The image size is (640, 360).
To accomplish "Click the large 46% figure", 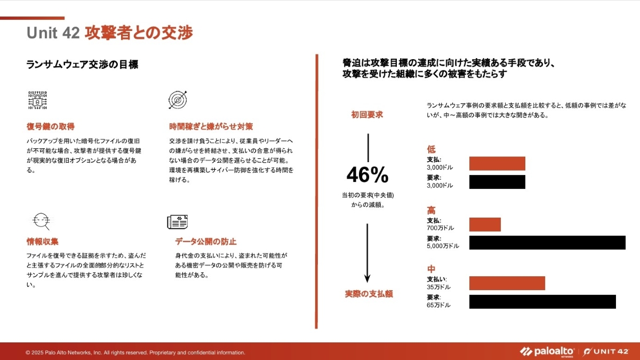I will click(367, 175).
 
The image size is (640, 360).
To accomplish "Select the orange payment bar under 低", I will click(497, 163).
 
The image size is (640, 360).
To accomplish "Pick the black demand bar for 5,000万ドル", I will click(547, 243).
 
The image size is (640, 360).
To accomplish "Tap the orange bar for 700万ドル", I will click(485, 225).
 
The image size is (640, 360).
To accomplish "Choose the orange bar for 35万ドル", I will click(507, 283).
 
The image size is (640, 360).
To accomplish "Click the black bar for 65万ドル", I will click(542, 301).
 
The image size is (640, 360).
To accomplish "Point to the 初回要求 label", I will click(366, 115).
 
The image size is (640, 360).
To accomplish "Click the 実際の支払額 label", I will click(369, 294).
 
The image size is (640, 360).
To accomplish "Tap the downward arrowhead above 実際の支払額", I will click(367, 278).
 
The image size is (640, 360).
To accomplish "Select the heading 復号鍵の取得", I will click(51, 127).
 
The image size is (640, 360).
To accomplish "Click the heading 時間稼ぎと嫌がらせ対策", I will click(211, 127).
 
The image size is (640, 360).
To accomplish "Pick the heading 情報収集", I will click(43, 242).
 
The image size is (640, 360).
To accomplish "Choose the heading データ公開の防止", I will click(206, 242).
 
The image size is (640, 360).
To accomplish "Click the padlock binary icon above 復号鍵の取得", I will click(37, 100).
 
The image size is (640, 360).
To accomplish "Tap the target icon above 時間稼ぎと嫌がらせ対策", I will click(177, 100).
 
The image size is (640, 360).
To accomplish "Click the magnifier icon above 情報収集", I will click(41, 220).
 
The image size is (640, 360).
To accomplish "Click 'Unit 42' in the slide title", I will click(53, 33).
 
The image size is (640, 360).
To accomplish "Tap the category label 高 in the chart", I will click(431, 210).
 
